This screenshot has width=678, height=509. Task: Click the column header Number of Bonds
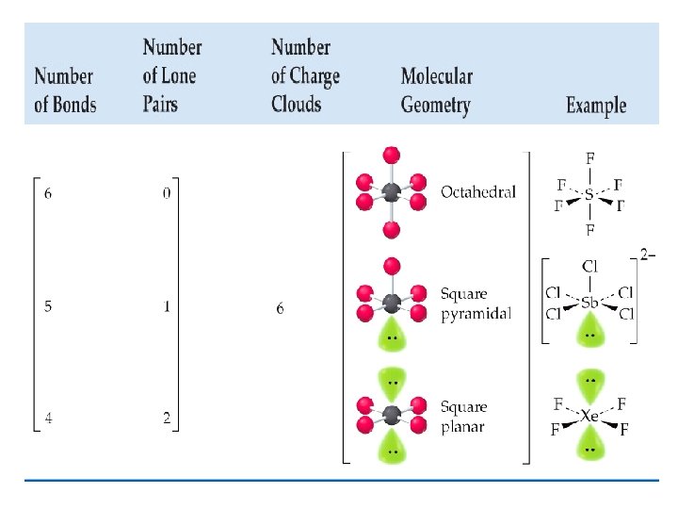(65, 90)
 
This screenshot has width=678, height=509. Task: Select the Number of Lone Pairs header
(171, 75)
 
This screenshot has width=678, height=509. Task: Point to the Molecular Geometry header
(436, 90)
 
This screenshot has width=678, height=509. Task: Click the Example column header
(595, 104)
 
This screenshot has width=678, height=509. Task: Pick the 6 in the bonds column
(49, 193)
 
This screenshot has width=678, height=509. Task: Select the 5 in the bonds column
(49, 307)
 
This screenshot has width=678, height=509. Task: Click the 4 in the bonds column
(49, 419)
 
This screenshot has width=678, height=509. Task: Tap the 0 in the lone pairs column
(167, 193)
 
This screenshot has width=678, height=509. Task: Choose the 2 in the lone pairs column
(167, 419)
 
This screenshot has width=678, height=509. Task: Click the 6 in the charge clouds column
(280, 308)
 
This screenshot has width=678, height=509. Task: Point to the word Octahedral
(478, 192)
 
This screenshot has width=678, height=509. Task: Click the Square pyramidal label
(476, 304)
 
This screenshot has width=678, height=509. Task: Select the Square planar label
(464, 417)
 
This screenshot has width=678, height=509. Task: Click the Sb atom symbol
(589, 304)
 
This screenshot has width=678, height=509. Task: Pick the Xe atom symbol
(589, 416)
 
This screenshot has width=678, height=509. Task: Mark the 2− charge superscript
(649, 254)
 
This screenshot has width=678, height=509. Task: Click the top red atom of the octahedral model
(392, 155)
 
